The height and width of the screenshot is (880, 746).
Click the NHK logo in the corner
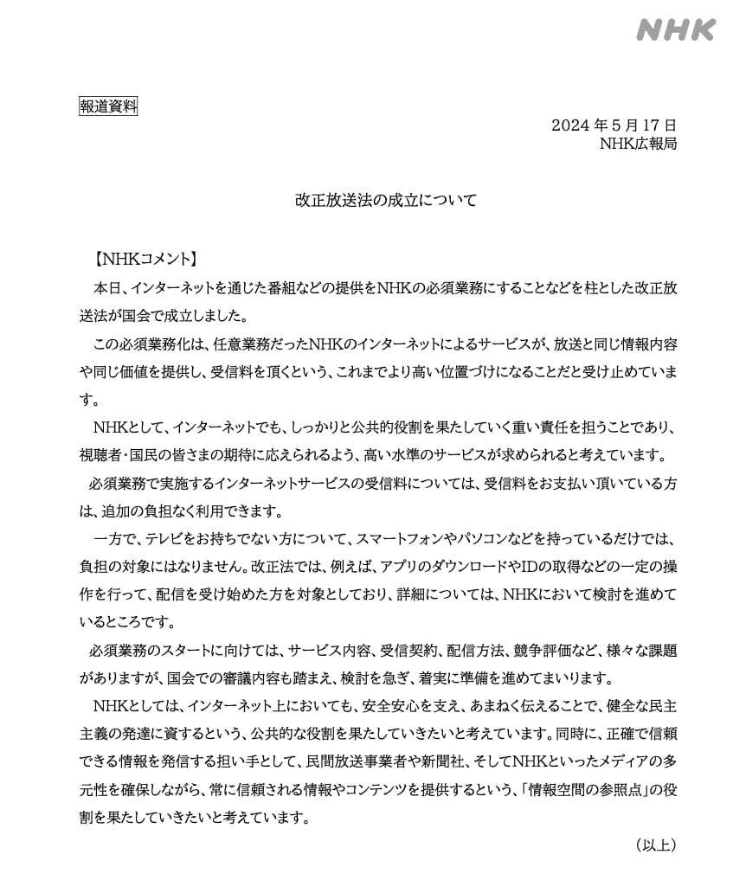(676, 30)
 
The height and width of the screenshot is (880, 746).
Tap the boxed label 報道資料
(107, 107)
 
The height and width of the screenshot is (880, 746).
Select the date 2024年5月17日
(614, 125)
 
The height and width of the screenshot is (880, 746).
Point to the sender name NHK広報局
(639, 144)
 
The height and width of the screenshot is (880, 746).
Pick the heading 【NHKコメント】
(146, 258)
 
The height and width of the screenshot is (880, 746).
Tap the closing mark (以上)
(654, 844)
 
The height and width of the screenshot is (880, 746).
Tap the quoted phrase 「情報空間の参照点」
(589, 789)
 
